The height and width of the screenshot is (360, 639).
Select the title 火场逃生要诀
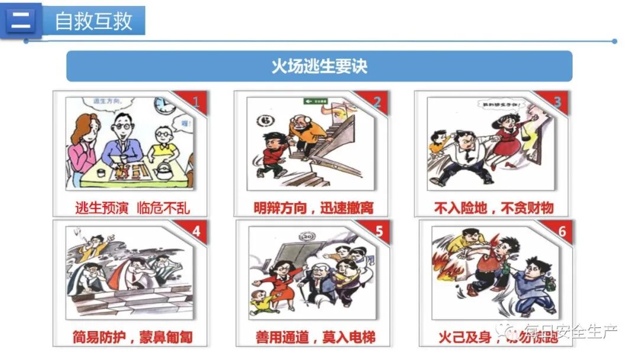[319, 66]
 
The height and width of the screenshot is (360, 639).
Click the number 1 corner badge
[196, 102]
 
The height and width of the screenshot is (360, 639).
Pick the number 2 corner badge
[377, 102]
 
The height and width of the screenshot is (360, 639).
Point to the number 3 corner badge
[557, 102]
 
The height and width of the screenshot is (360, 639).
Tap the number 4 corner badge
[196, 232]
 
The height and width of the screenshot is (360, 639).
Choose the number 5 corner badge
[379, 232]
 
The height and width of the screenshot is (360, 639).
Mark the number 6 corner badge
[561, 232]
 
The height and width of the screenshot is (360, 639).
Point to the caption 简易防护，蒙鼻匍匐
[132, 337]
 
